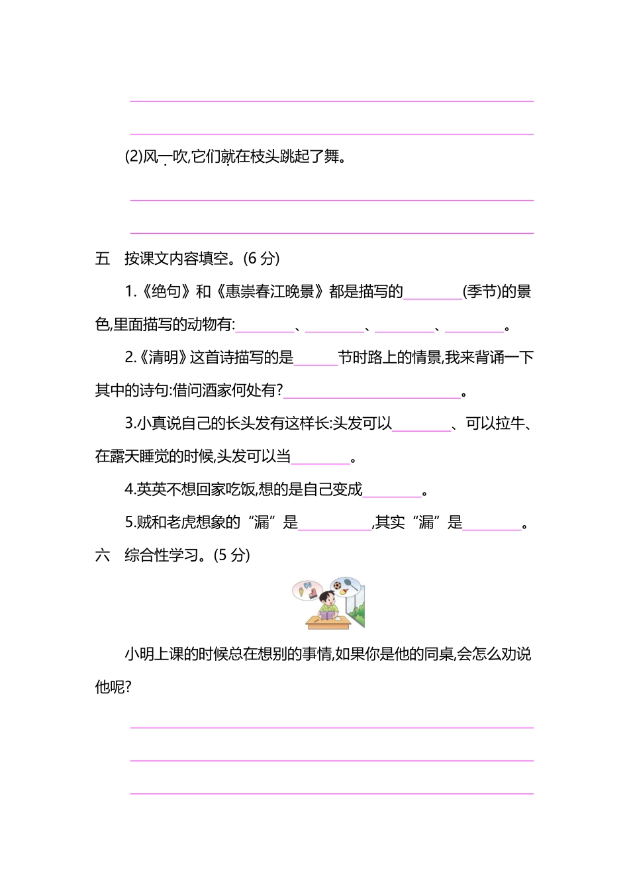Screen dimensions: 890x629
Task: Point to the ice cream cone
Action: click(x=302, y=591)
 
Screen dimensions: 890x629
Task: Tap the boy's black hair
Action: click(x=326, y=595)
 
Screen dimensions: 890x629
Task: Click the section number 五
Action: click(x=103, y=258)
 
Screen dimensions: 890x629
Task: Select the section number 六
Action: click(x=103, y=556)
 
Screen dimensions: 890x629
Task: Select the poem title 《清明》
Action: click(x=163, y=358)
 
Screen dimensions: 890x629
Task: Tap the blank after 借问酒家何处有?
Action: click(x=372, y=394)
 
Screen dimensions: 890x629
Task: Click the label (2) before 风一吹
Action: click(x=134, y=157)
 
